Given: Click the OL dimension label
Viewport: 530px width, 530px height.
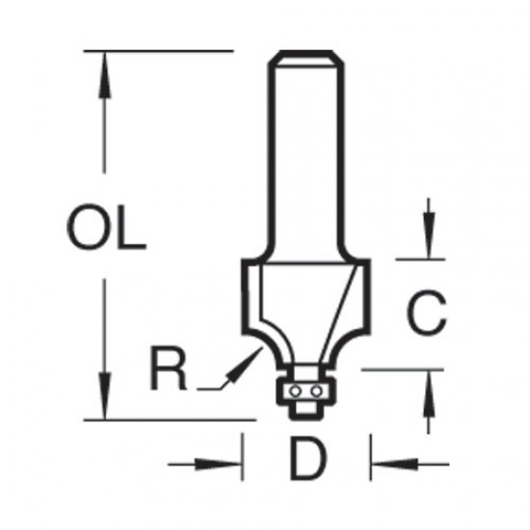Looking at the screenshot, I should click(106, 230).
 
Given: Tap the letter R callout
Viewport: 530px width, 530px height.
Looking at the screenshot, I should click(170, 370).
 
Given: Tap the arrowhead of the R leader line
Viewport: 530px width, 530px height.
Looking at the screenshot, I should click(253, 357).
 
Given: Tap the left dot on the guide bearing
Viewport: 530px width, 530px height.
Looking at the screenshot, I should click(298, 391).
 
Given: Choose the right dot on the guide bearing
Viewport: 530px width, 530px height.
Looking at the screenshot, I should click(312, 391).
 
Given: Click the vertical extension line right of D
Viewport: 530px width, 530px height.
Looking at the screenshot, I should click(370, 458).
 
